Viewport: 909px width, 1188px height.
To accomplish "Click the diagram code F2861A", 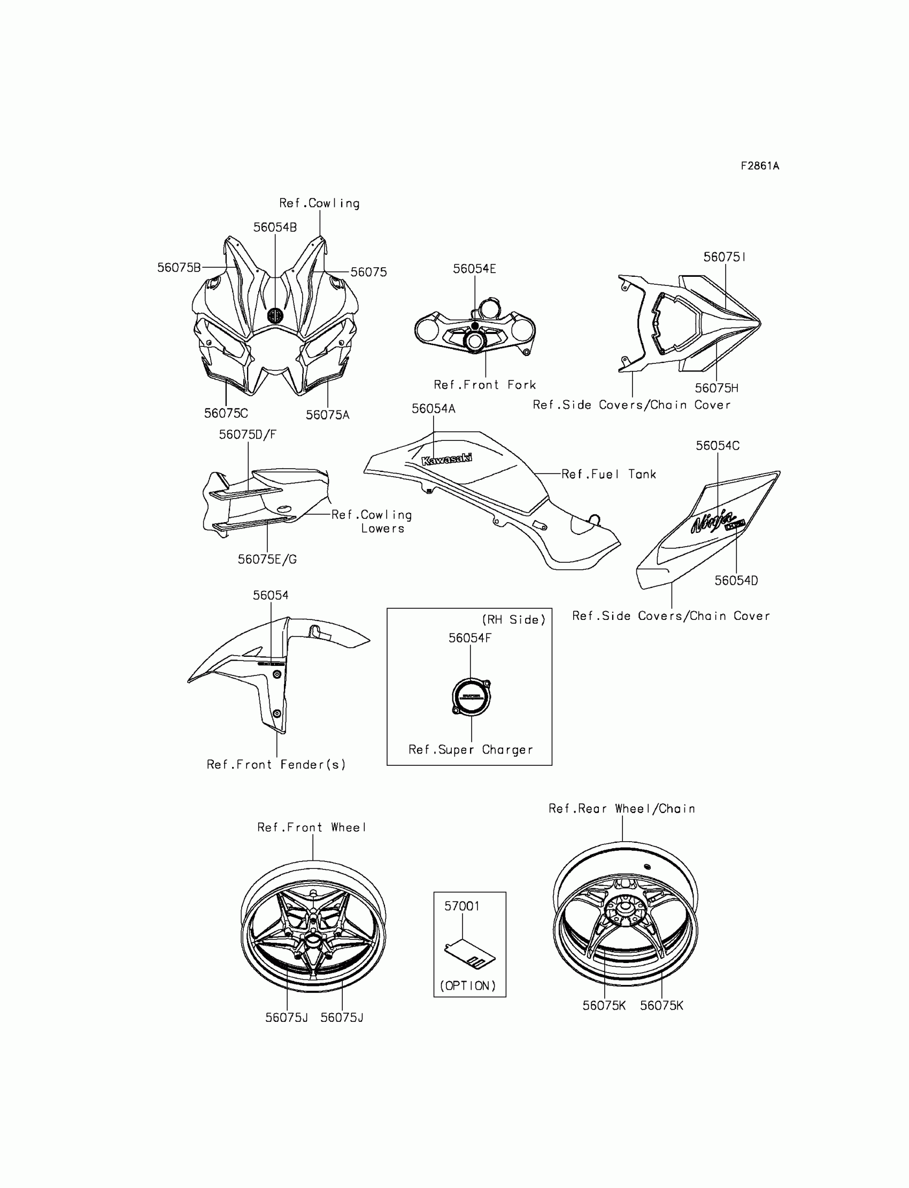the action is [760, 166].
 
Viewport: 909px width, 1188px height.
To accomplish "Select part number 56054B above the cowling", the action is [275, 227].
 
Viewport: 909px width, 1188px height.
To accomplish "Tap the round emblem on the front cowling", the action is [275, 315].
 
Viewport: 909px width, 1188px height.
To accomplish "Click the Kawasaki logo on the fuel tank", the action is [446, 459].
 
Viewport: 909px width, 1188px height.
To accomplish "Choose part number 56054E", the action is [474, 269].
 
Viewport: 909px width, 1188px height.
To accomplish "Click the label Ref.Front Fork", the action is [484, 384].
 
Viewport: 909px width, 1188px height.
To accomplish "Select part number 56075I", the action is [725, 257].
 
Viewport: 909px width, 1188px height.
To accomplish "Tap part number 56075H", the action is [717, 387].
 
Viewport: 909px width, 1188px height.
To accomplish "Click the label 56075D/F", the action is [247, 434].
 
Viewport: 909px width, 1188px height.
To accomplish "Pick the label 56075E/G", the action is [267, 559].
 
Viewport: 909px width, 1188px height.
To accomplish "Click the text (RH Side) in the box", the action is [513, 620].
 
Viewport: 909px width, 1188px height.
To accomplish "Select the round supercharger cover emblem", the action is [471, 696].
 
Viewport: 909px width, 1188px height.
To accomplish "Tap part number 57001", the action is [461, 906].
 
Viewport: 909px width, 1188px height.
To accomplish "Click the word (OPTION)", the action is [468, 985].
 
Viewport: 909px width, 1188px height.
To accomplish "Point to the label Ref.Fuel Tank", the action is [608, 474].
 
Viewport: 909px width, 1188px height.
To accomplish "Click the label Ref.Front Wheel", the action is [312, 827].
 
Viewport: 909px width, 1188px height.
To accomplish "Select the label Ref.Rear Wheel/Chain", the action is [622, 809].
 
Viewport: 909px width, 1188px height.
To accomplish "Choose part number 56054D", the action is [736, 580].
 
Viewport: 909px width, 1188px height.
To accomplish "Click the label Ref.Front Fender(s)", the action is [276, 764].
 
